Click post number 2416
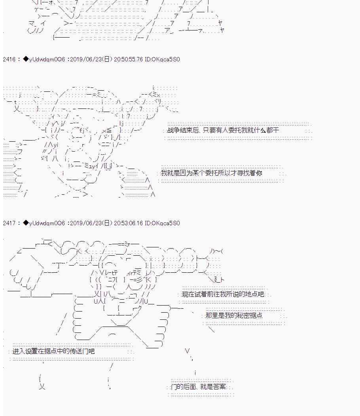click(9, 59)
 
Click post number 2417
click(9, 223)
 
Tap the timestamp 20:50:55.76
click(128, 59)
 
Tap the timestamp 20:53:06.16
click(128, 223)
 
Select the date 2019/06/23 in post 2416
click(86, 59)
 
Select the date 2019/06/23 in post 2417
click(86, 223)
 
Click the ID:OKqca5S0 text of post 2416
click(162, 59)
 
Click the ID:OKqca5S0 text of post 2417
click(162, 223)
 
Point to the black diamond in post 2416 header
click(26, 59)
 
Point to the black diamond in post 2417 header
click(26, 223)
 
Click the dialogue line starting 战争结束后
click(223, 130)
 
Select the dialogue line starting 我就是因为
click(212, 173)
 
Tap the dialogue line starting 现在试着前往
click(223, 294)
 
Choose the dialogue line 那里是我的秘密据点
click(234, 315)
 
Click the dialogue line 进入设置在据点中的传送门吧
click(53, 351)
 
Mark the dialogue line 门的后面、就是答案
click(199, 387)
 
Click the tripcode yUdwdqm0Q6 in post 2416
click(47, 59)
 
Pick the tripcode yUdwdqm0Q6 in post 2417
click(47, 223)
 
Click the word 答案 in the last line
click(220, 387)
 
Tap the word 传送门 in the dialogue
click(78, 351)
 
